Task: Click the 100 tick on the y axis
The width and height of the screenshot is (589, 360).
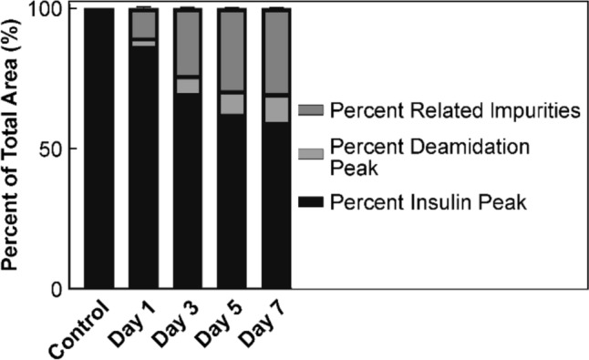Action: click(x=53, y=9)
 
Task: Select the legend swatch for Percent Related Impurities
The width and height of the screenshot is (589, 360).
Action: click(x=312, y=111)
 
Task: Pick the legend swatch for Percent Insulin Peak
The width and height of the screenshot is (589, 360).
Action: click(x=312, y=202)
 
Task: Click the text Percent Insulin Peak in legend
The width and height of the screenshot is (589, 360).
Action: click(x=429, y=202)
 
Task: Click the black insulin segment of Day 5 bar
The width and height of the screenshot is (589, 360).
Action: click(x=232, y=201)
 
